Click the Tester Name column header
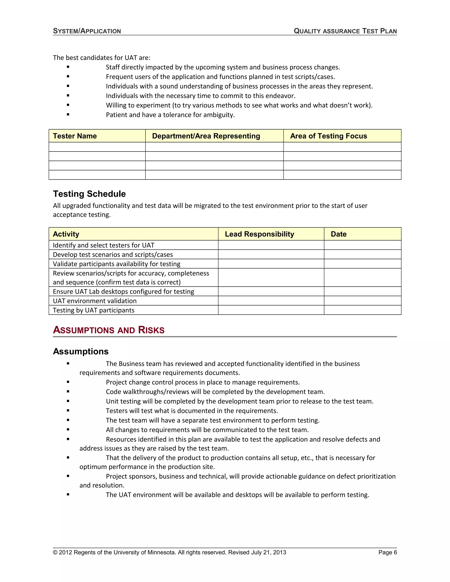pyautogui.click(x=75, y=136)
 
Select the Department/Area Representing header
pyautogui.click(x=206, y=136)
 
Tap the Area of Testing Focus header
pyautogui.click(x=328, y=136)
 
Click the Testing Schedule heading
pyautogui.click(x=89, y=194)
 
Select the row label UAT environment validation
pyautogui.click(x=95, y=301)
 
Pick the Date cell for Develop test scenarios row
pyautogui.click(x=362, y=255)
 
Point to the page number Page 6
pyautogui.click(x=387, y=552)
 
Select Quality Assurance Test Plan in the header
pyautogui.click(x=345, y=31)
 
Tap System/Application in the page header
pyautogui.click(x=87, y=31)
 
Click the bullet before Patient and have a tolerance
pyautogui.click(x=68, y=115)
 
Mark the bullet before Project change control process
pyautogui.click(x=68, y=382)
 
